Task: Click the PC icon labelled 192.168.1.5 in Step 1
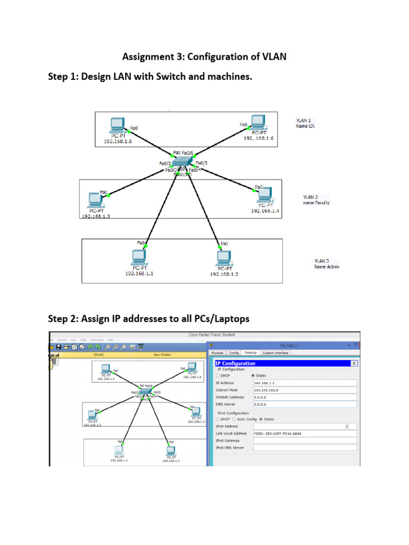(x=117, y=126)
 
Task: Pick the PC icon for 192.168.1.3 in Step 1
(x=96, y=200)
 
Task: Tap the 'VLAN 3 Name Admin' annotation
(x=326, y=263)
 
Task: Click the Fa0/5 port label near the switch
(x=202, y=163)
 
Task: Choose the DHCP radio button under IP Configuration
(x=217, y=376)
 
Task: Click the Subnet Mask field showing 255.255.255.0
(x=304, y=390)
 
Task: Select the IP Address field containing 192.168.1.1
(x=304, y=383)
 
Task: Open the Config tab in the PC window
(x=234, y=352)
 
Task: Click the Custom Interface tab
(x=275, y=352)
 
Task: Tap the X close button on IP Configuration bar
(x=354, y=363)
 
